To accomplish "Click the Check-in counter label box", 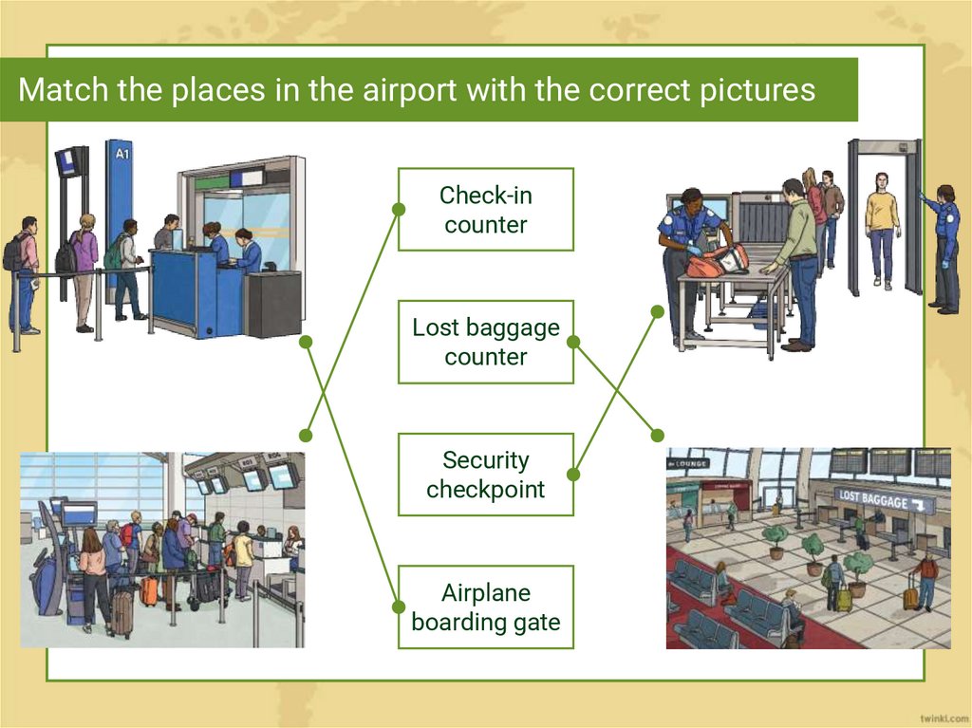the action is pos(485,210).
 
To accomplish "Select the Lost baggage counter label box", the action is pos(485,342).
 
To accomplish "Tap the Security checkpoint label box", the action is pos(485,475).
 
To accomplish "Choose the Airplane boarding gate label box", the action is pos(485,607).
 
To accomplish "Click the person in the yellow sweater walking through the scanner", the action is pos(883,228).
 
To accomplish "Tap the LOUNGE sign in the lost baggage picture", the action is pos(689,463).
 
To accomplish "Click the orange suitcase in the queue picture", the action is pos(149,591).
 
